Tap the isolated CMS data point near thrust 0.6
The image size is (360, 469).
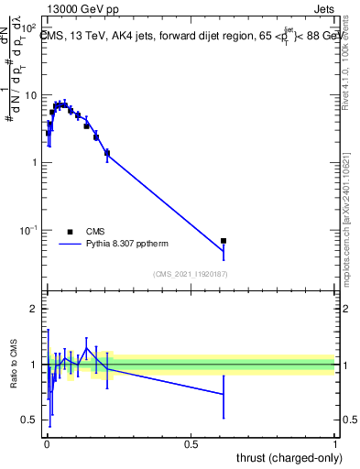pyautogui.click(x=224, y=241)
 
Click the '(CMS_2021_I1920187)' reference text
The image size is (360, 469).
pyautogui.click(x=191, y=272)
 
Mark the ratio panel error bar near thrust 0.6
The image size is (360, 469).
pyautogui.click(x=224, y=394)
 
